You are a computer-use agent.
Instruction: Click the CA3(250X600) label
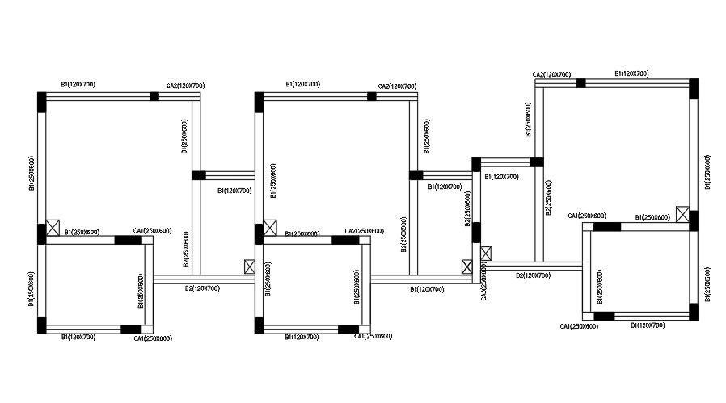[483, 282]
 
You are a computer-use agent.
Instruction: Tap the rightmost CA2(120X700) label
[551, 74]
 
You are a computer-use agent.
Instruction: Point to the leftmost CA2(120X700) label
[185, 86]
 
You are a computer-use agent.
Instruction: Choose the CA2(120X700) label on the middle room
[397, 86]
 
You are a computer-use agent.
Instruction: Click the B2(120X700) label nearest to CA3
[533, 275]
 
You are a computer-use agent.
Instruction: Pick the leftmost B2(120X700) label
[201, 288]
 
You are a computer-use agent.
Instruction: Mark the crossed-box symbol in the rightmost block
[683, 215]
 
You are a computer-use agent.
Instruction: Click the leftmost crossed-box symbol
[53, 227]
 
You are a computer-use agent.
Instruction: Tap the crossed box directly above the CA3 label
[484, 254]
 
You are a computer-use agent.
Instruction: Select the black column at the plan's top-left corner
[42, 102]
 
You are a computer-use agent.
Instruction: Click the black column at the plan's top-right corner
[693, 87]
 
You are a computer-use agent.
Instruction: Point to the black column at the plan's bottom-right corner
[693, 312]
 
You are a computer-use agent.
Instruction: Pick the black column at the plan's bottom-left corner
[42, 325]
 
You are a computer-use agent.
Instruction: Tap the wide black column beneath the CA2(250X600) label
[357, 240]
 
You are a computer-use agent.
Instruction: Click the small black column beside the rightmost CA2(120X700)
[580, 82]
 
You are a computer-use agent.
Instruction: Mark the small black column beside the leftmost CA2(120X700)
[154, 96]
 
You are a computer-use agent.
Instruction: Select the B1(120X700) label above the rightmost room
[631, 73]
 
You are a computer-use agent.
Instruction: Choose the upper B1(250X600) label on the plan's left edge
[32, 174]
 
